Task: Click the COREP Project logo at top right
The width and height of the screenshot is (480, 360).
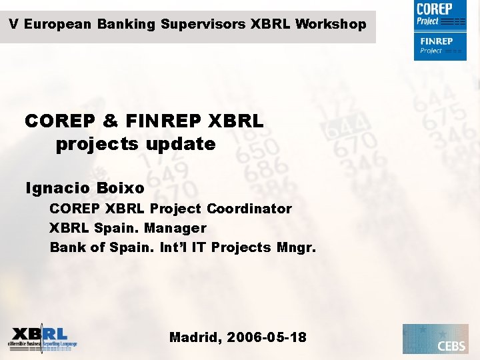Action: pos(439,15)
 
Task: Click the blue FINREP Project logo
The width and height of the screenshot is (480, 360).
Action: pos(439,45)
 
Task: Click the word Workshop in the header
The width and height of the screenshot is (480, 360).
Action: pos(331,25)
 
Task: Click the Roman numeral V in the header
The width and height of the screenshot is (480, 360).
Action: pos(13,25)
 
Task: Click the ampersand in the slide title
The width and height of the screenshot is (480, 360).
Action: pos(111,122)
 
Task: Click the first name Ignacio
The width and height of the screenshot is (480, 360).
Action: pos(54,189)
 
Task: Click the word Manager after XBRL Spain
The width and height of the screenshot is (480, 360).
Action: pos(175,228)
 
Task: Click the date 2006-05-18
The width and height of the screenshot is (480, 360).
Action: pos(267,337)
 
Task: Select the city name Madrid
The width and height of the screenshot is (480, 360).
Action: pos(195,337)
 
